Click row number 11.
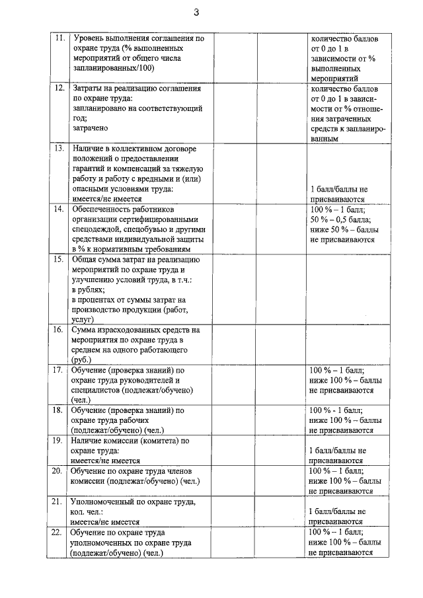58,38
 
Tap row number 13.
58,149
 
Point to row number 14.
58,209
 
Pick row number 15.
58,260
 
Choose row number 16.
58,329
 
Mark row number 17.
58,371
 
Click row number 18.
58,410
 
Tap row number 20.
58,470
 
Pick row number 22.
58,532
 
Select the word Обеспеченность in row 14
104,209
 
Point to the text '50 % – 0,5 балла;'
340,219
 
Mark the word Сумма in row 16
86,329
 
